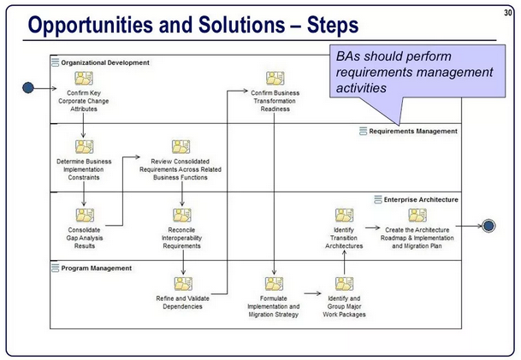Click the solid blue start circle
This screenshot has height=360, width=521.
click(x=28, y=88)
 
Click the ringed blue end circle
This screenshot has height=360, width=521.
click(x=488, y=226)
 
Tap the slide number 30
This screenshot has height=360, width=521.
click(x=507, y=13)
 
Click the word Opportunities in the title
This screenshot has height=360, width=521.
click(x=91, y=26)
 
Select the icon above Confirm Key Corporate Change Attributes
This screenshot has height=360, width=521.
click(x=84, y=79)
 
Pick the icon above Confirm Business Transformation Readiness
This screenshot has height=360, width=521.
click(x=275, y=79)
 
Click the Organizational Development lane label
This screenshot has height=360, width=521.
click(x=105, y=62)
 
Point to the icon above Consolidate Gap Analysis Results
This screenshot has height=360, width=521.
click(x=85, y=215)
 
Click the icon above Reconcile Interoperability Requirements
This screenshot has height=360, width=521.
click(x=181, y=215)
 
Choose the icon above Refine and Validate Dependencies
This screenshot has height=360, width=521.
click(x=183, y=284)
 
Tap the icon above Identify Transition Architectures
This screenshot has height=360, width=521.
click(x=344, y=215)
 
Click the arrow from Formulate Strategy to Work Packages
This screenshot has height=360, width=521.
click(x=312, y=293)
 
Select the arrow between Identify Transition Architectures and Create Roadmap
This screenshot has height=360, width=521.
click(x=372, y=227)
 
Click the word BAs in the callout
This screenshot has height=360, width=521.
click(x=348, y=56)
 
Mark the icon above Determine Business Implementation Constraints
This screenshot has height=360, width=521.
click(x=84, y=147)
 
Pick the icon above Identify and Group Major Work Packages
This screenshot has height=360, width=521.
click(x=344, y=284)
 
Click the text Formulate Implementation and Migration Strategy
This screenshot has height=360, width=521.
click(x=274, y=306)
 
